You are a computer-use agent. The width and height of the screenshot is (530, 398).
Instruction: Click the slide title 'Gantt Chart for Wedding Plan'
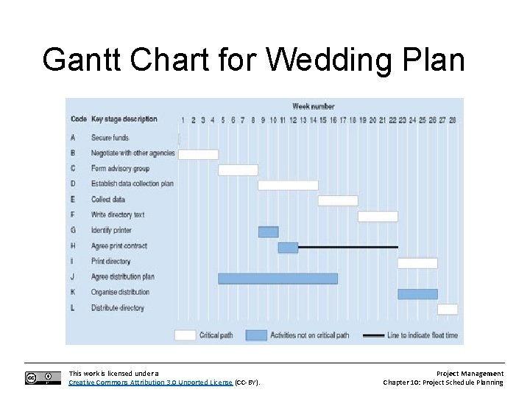(x=254, y=60)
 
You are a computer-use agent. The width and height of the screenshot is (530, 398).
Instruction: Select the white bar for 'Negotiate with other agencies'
(x=198, y=154)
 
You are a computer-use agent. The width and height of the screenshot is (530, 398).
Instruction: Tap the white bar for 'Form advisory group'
(x=238, y=170)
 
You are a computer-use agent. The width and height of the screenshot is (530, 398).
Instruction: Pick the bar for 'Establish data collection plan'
(x=288, y=185)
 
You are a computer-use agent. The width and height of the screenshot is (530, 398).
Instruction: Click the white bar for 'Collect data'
(x=338, y=200)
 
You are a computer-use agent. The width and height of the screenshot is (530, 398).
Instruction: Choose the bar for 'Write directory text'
(x=378, y=216)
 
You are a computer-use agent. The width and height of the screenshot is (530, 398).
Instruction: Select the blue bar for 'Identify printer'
(x=268, y=231)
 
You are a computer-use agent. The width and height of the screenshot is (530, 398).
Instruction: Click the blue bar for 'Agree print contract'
(x=288, y=247)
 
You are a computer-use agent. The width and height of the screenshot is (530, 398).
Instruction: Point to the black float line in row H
(x=348, y=247)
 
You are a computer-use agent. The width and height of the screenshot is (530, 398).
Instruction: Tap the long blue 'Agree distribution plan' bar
(x=278, y=278)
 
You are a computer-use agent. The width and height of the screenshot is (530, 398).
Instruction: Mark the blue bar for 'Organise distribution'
(x=417, y=293)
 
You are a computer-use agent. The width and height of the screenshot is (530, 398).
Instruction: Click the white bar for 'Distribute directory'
(x=448, y=309)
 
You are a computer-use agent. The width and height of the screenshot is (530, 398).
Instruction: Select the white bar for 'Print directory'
(x=417, y=262)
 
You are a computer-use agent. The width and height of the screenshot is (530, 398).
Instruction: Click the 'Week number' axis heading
(x=313, y=107)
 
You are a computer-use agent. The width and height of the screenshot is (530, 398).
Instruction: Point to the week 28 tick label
(x=452, y=119)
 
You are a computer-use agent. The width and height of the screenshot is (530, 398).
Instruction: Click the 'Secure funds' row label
(x=110, y=138)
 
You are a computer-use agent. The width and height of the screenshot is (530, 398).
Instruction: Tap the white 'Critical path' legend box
(x=185, y=335)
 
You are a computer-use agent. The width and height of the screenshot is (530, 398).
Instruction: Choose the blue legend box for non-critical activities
(x=256, y=335)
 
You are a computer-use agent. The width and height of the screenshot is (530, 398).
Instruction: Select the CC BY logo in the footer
(x=43, y=378)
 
